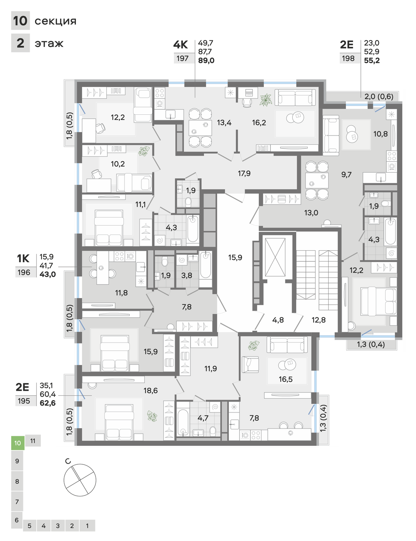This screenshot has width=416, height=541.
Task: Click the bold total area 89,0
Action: coord(206,60)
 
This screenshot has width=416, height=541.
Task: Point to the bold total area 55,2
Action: coord(372,60)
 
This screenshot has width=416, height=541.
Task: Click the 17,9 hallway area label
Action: coord(244,173)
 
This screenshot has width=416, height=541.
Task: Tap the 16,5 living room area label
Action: coord(285,379)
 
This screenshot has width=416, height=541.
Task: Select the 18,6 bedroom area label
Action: coord(150,390)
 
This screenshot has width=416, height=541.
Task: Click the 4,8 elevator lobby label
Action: coord(278,320)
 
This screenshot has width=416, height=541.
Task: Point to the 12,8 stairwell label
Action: coord(319,320)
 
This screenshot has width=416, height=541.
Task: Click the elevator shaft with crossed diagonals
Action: coord(275,257)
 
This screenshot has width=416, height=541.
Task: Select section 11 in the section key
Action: coord(33,441)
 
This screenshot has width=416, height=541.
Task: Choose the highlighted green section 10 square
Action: coord(18,443)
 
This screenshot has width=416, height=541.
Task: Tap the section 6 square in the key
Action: coord(17,520)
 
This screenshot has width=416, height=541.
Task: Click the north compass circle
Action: coord(80,480)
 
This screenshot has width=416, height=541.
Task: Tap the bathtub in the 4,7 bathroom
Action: coord(183,423)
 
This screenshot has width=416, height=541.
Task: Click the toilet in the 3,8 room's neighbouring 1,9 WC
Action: coord(164,262)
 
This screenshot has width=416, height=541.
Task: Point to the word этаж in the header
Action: coord(49,44)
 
